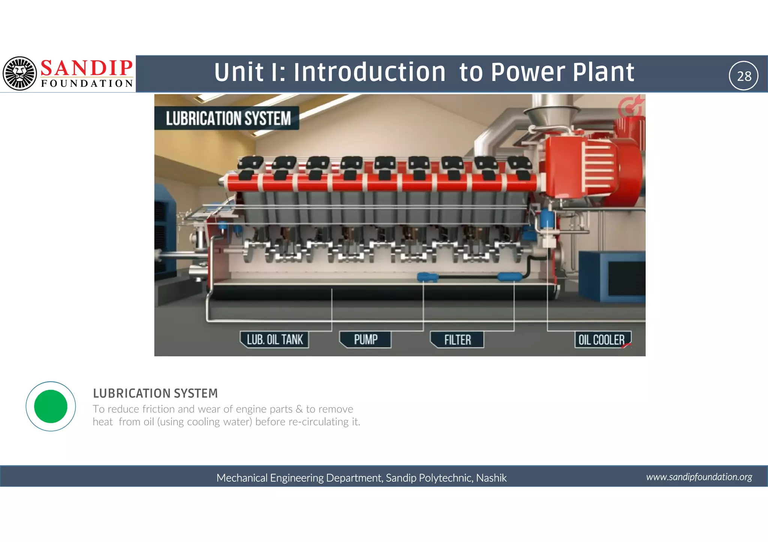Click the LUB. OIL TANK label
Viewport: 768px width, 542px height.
click(274, 340)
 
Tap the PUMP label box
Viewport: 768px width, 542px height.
click(365, 340)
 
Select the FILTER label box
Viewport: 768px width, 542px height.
click(457, 340)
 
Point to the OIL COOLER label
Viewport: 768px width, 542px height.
click(602, 340)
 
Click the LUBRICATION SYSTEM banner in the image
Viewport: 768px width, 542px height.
click(228, 118)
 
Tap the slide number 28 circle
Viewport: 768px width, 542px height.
click(744, 76)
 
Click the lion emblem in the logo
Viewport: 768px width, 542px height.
click(20, 73)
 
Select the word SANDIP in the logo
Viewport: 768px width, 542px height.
click(86, 68)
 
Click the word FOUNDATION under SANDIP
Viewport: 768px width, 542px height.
click(87, 83)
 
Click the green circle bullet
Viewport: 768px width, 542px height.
click(51, 406)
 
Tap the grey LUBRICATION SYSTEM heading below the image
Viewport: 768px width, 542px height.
click(155, 393)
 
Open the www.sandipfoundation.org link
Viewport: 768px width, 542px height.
click(699, 477)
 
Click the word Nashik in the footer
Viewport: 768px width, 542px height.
click(491, 478)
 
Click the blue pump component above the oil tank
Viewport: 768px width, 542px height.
click(427, 277)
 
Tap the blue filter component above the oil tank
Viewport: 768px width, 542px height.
click(509, 277)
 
